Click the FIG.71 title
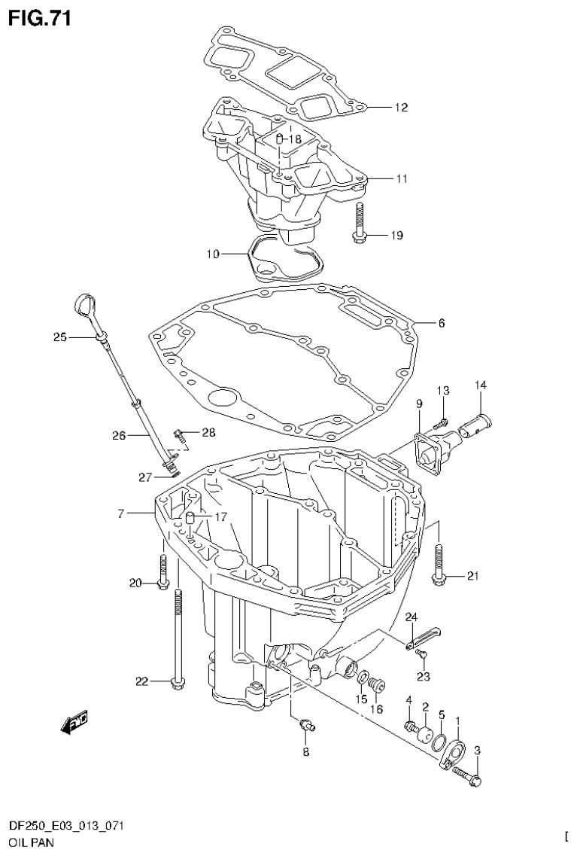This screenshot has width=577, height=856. pos(40,18)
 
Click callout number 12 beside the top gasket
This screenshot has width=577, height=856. pos(400,108)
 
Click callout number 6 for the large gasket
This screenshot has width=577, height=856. pos(441,324)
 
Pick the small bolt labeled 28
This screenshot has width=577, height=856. pos(181,433)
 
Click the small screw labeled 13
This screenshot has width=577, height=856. pos(445,422)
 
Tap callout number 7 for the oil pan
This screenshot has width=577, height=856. pos(120,514)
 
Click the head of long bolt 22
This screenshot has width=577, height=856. pos(178,683)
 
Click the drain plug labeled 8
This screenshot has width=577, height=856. pos(307,724)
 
